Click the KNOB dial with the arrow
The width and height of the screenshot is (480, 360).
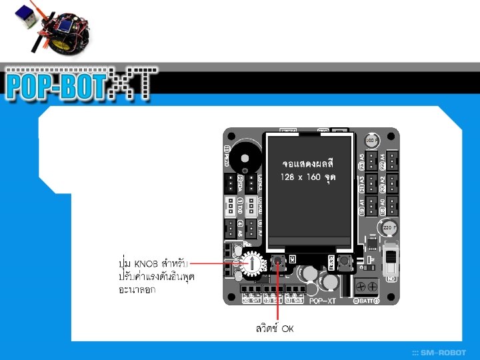(253, 264)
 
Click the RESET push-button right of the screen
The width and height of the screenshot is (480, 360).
(344, 261)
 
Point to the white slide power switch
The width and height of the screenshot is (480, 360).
(391, 261)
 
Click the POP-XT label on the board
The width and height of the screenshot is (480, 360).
(323, 301)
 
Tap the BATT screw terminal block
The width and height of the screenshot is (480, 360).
(366, 287)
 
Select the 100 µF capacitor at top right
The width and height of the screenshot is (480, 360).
(372, 141)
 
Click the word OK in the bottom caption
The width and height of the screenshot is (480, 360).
(287, 329)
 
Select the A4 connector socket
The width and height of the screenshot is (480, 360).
(393, 159)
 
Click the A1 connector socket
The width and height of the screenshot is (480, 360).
(372, 204)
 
